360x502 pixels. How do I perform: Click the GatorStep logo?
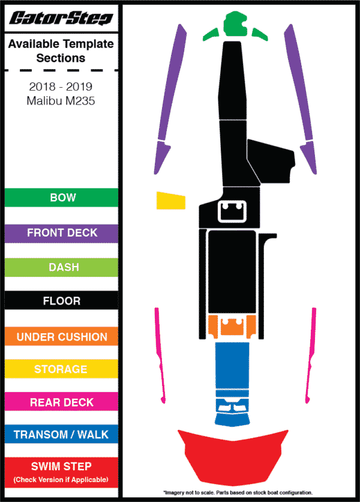point(61,18)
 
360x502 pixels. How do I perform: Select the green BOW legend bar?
point(61,198)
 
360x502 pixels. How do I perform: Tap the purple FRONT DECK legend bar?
point(61,234)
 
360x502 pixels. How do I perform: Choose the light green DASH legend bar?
point(61,267)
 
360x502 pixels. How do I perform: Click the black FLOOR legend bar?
point(61,300)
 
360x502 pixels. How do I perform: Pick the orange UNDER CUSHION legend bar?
point(61,336)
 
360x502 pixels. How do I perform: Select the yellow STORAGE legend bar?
point(61,369)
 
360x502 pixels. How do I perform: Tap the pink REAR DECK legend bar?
point(61,402)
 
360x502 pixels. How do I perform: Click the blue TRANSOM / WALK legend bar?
point(61,434)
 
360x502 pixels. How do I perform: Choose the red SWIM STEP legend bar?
point(61,473)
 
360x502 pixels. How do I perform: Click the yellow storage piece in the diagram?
point(171,201)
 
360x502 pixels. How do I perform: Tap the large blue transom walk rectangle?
point(232,366)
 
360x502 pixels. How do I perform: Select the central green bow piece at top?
point(235,23)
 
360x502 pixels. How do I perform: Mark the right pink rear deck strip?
point(311,355)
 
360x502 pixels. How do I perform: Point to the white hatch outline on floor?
point(232,211)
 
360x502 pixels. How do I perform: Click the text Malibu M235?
point(61,101)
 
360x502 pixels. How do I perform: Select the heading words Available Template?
point(61,44)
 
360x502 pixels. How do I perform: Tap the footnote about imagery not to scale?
point(238,492)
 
